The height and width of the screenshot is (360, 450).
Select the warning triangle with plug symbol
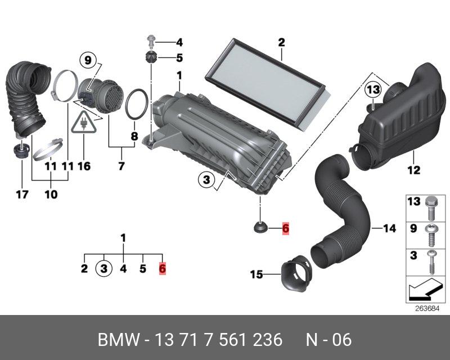pos(83,123)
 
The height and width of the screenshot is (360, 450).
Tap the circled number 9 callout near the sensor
pos(88,58)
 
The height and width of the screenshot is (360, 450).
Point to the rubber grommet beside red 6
pos(261,228)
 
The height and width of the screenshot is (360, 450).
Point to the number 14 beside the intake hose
pos(389,228)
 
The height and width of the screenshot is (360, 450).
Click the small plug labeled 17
pos(21,151)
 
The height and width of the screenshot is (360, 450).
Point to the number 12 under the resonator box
pos(413,169)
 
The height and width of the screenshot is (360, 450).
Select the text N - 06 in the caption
pos(328,340)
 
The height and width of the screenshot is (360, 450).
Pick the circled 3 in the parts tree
pos(103,268)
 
